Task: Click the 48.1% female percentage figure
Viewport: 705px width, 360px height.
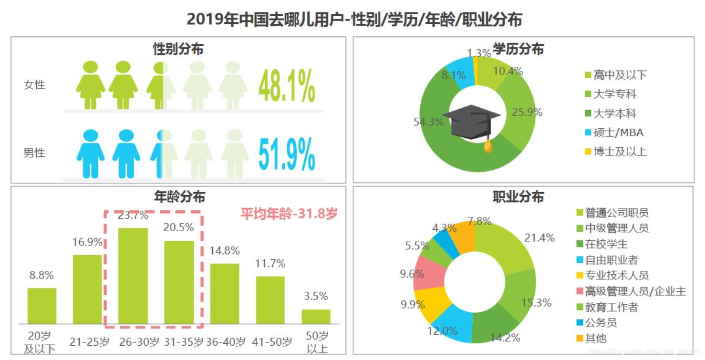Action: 287,86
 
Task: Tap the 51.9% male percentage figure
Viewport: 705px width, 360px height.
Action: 287,154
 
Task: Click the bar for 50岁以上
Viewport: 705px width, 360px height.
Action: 316,317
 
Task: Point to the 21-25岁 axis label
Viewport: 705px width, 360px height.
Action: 87,342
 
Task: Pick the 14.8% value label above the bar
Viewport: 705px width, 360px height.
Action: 225,251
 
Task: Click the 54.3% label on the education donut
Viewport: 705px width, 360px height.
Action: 428,122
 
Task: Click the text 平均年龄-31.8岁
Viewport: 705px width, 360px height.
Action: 289,214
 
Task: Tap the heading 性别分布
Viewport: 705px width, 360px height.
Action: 178,49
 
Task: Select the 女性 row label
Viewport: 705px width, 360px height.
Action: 34,85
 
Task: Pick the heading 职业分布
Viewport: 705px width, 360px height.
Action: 518,197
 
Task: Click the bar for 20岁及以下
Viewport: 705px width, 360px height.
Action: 42,306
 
